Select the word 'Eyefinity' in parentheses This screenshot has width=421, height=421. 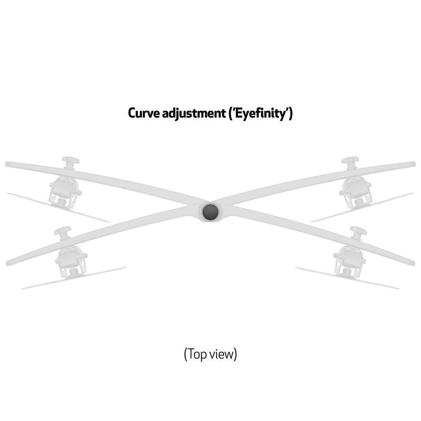260,114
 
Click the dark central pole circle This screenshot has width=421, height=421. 210,212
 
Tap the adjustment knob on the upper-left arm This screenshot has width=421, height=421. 70,162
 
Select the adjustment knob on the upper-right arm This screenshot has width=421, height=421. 350,162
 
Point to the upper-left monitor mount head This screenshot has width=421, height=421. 65,191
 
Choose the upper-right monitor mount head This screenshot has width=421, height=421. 356,191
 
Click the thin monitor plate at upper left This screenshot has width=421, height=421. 59,207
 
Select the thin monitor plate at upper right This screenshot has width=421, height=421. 362,207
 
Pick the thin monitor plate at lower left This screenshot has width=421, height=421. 74,278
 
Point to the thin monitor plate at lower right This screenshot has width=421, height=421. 347,278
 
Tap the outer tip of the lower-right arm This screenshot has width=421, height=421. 414,263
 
